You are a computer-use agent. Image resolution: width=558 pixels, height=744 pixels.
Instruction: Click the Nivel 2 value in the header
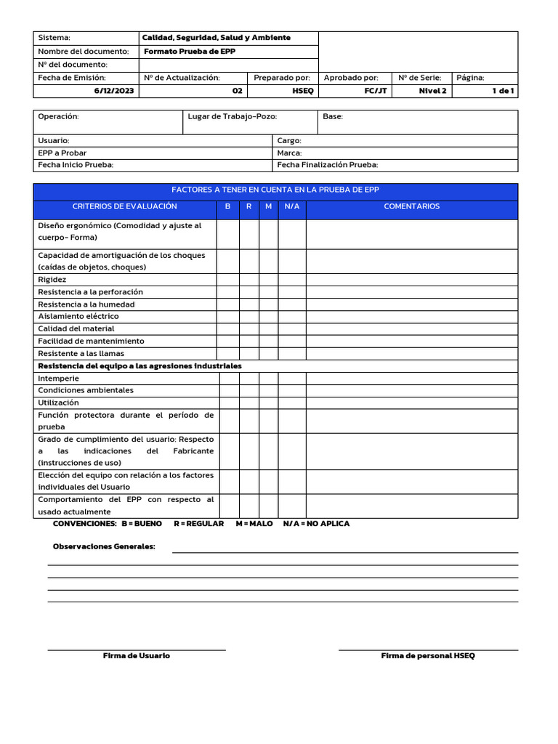click(433, 91)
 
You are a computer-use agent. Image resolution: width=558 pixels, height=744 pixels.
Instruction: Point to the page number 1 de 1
click(503, 91)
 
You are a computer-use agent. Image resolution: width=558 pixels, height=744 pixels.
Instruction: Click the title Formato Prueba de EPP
click(190, 52)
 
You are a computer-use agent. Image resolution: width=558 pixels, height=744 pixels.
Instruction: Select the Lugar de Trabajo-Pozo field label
click(232, 116)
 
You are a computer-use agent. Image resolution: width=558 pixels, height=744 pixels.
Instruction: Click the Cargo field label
click(289, 140)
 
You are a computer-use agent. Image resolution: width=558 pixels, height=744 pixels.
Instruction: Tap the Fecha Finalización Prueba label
click(327, 165)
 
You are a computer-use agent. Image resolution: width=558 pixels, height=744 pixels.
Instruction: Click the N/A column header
click(292, 206)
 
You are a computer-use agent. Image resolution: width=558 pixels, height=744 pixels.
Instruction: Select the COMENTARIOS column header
click(411, 206)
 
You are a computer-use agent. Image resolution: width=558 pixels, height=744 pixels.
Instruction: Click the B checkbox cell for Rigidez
click(228, 280)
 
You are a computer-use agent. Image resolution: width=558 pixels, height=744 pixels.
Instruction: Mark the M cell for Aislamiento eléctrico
click(269, 317)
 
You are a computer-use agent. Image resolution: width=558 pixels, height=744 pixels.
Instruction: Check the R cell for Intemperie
click(249, 379)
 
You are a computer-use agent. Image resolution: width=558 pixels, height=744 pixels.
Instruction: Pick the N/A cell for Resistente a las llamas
click(292, 354)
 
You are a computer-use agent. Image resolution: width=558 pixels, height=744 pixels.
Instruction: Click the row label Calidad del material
click(76, 329)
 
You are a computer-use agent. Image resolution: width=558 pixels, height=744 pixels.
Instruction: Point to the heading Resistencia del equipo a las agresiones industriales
click(139, 366)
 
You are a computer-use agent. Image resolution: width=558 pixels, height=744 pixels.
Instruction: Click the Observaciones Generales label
click(104, 546)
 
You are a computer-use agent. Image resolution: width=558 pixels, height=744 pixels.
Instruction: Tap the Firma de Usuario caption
click(137, 655)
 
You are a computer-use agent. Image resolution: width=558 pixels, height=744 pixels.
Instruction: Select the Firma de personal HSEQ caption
click(428, 655)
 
